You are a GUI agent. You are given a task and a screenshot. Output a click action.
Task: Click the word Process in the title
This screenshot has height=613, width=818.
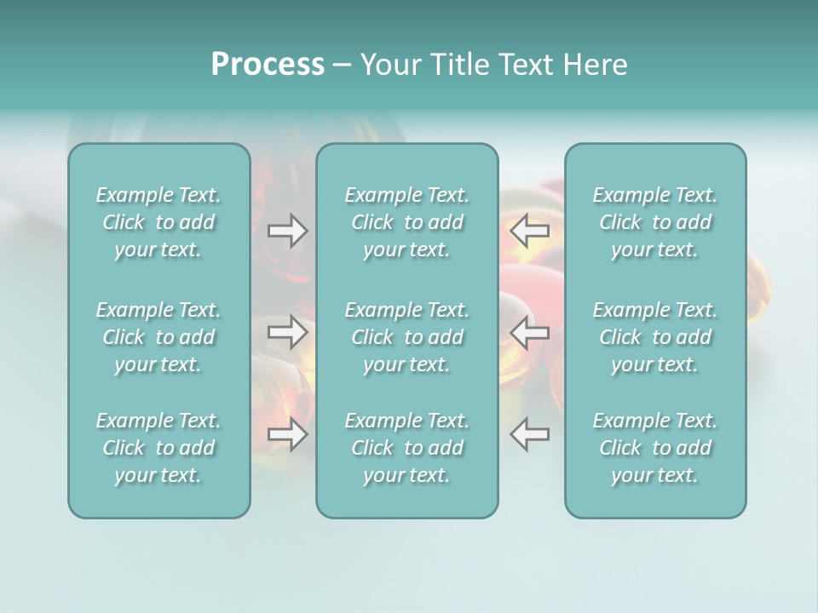[268, 65]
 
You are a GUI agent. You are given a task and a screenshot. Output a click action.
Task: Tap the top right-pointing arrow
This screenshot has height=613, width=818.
[287, 231]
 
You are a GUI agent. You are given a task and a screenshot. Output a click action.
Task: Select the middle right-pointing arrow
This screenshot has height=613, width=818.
[287, 332]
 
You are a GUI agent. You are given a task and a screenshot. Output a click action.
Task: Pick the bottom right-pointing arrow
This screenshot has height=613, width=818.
[287, 434]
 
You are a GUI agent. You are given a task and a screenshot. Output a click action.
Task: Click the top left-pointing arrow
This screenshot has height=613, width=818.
[529, 231]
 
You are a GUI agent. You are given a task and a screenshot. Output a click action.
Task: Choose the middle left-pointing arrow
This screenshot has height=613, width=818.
[529, 332]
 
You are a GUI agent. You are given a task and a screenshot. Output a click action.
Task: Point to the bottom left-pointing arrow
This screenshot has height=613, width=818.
[529, 434]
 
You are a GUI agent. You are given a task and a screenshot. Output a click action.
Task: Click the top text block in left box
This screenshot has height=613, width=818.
[158, 222]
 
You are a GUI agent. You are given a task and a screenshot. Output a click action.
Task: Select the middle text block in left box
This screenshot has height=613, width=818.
[158, 337]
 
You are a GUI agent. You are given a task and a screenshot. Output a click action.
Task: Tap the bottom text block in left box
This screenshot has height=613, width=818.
[158, 448]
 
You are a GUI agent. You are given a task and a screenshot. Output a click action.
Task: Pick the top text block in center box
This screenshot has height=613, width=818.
[406, 222]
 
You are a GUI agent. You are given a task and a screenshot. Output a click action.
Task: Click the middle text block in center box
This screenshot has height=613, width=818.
[406, 337]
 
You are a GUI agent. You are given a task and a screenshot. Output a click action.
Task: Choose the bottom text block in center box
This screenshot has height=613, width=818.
[406, 448]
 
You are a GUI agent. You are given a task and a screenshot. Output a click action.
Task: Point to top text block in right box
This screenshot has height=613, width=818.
[654, 222]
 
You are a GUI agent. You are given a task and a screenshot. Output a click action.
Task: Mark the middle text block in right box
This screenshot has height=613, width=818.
[654, 337]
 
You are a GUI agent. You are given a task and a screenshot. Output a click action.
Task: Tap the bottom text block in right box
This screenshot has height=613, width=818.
[654, 448]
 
